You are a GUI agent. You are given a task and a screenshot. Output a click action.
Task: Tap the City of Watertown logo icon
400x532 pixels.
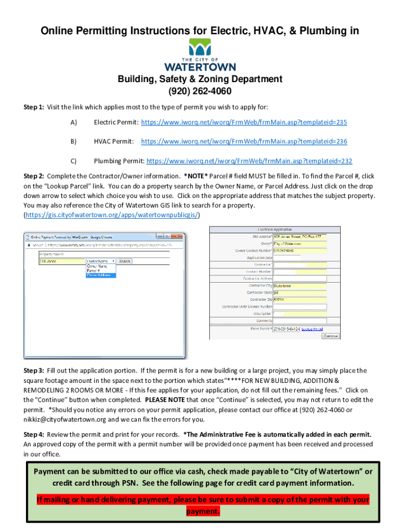(x=200, y=50)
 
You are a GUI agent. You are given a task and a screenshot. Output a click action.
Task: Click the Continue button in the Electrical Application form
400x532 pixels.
(x=331, y=336)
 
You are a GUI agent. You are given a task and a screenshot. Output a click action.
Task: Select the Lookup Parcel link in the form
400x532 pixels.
(x=312, y=329)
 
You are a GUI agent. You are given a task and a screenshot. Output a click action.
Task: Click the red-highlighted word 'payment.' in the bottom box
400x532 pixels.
(x=203, y=511)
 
